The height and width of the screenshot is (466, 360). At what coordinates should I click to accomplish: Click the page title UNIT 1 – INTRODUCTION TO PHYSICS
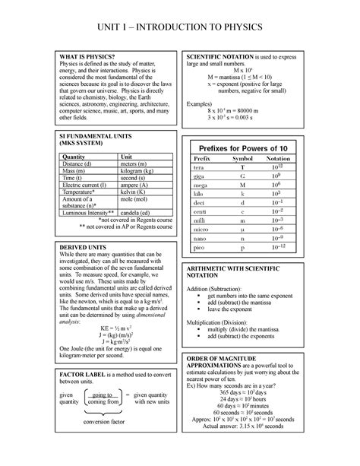click(179, 27)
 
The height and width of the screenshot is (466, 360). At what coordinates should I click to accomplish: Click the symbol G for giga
click(243, 178)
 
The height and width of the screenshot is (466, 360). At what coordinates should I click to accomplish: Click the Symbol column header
click(243, 157)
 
